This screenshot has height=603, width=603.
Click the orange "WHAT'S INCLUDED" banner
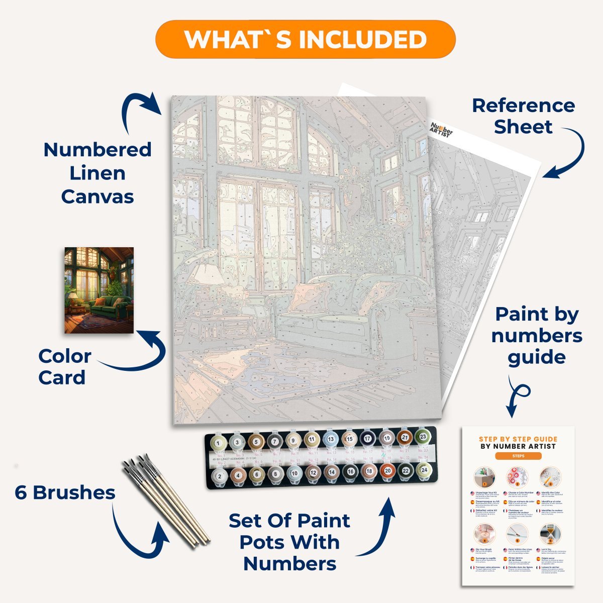305,40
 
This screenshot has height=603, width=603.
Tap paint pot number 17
368,439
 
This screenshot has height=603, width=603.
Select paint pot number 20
386,472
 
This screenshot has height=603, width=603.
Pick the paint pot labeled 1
219,443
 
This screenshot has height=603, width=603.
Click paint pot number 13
331,439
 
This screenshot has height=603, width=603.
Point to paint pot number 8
275,473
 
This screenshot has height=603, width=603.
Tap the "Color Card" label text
64,367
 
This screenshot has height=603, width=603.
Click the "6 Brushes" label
65,492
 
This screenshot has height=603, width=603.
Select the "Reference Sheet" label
523,116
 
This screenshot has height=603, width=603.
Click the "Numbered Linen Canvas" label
97,173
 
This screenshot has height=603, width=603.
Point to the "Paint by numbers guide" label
537,335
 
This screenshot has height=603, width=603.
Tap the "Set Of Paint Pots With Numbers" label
289,542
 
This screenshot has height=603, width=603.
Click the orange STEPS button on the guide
518,456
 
